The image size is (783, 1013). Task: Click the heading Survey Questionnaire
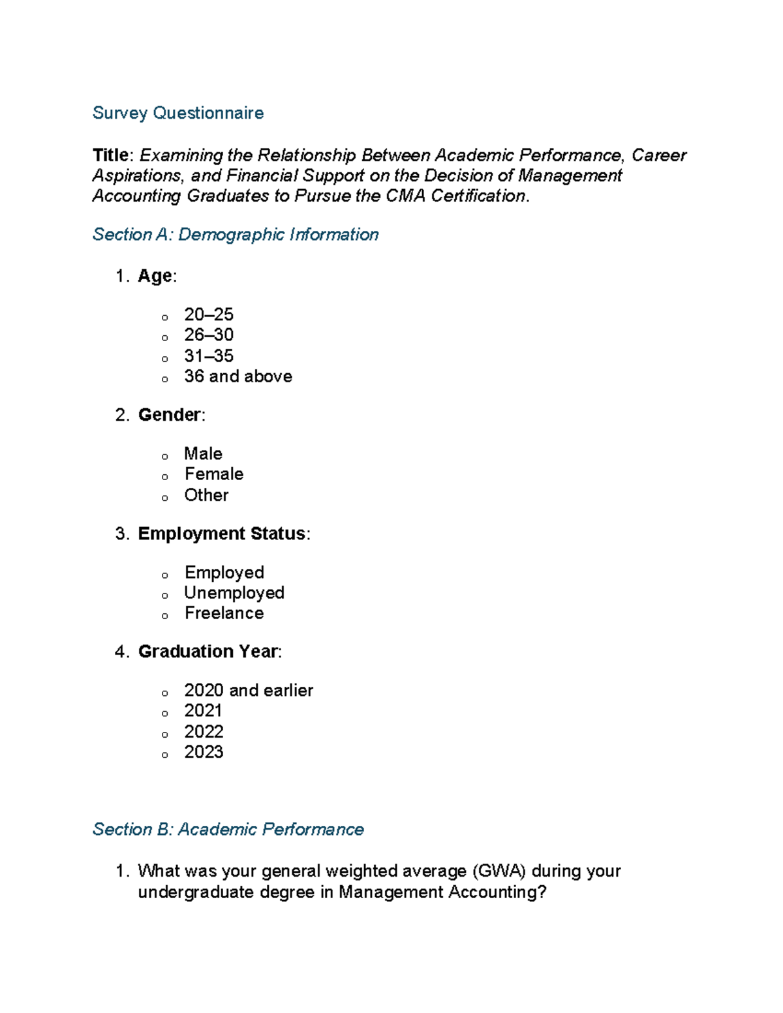[x=177, y=113]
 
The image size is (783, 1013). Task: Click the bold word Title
[x=110, y=155]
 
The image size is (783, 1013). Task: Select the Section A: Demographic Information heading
[x=235, y=234]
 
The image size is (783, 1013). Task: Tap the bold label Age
[x=155, y=276]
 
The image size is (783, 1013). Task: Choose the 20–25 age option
[x=208, y=314]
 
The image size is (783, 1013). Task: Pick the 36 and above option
[x=238, y=376]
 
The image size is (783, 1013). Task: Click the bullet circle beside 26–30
[x=165, y=337]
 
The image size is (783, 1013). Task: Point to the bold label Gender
[x=169, y=415]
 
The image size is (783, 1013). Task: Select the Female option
[x=213, y=474]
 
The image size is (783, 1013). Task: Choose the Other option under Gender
[x=206, y=495]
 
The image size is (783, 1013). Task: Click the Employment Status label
[x=222, y=534]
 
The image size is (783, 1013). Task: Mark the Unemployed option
[x=234, y=592]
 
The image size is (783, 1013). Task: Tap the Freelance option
[x=224, y=613]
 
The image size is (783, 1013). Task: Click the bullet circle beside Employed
[x=165, y=575]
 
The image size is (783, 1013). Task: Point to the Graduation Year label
[x=208, y=652]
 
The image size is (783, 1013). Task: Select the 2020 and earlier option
[x=248, y=690]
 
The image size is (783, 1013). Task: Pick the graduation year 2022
[x=204, y=731]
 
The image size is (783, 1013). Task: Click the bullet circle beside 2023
[x=165, y=755]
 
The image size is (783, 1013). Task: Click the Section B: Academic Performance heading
[x=228, y=829]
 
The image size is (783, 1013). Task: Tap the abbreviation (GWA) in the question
[x=499, y=871]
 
